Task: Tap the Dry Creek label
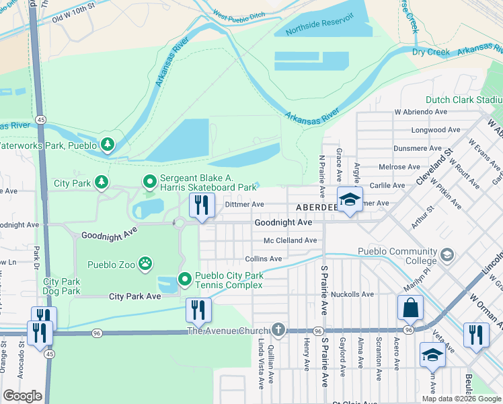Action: coord(431,51)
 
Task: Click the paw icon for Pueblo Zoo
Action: coord(145,263)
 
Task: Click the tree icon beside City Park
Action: coord(101,182)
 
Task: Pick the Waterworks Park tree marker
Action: coord(107,144)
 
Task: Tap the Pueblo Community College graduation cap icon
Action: coord(447,255)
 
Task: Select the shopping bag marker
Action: coord(410,308)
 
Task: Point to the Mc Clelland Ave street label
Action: coord(291,240)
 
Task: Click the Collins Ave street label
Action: coord(264,259)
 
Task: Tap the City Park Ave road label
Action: coord(135,296)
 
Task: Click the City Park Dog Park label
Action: coord(62,286)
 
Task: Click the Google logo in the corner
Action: coord(22,396)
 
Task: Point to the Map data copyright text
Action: coord(461,398)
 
